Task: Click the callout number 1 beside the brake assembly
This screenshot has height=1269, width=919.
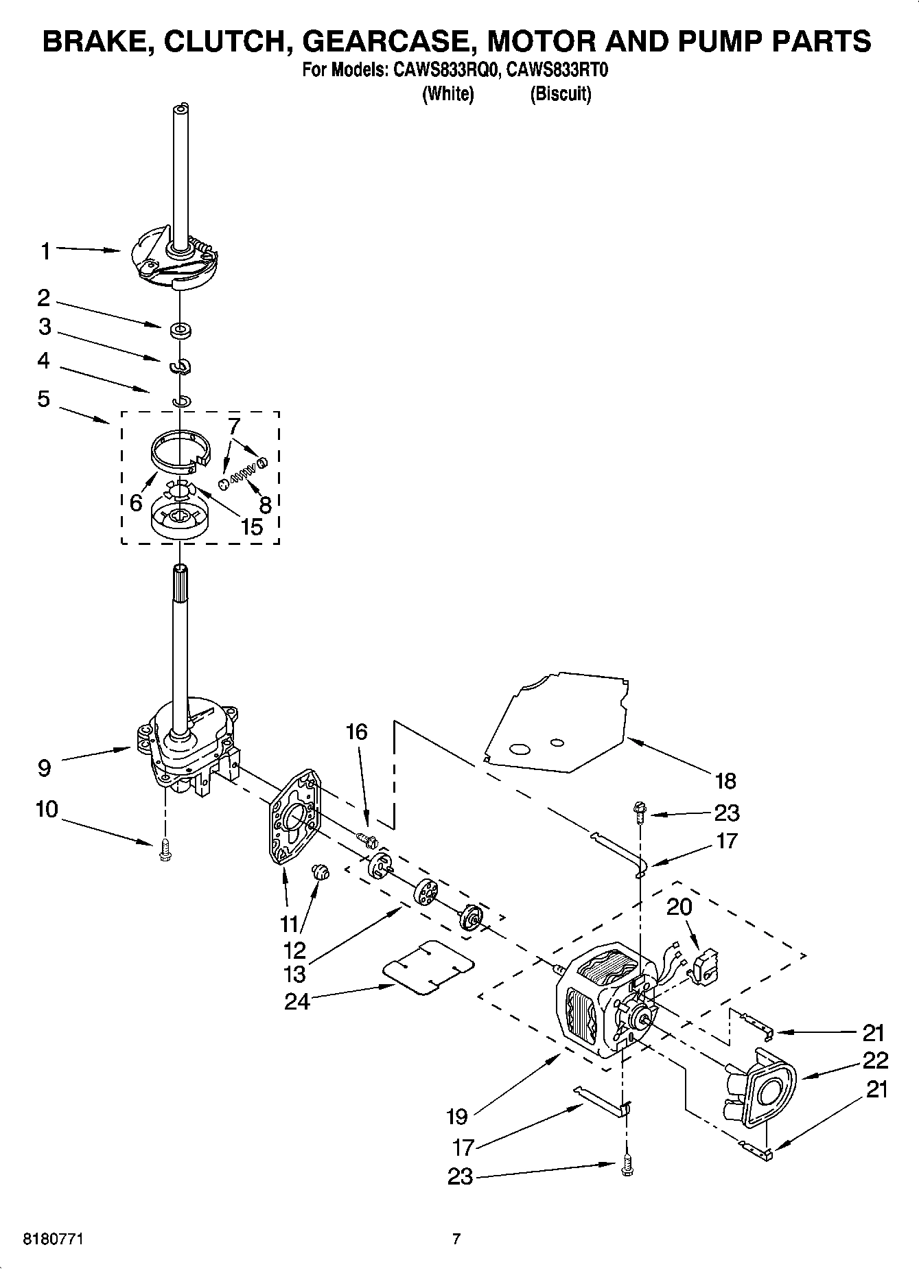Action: tap(45, 252)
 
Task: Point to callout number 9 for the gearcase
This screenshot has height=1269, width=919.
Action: tap(44, 767)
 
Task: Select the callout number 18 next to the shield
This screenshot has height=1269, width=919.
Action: tap(725, 780)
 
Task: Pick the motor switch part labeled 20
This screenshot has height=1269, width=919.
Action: tap(704, 966)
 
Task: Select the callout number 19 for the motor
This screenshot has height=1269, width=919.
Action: tap(456, 1117)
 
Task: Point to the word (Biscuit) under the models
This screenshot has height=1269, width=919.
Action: tap(560, 93)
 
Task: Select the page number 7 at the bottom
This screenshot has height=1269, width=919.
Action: tap(456, 1239)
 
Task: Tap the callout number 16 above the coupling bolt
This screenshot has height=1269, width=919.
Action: tap(356, 732)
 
